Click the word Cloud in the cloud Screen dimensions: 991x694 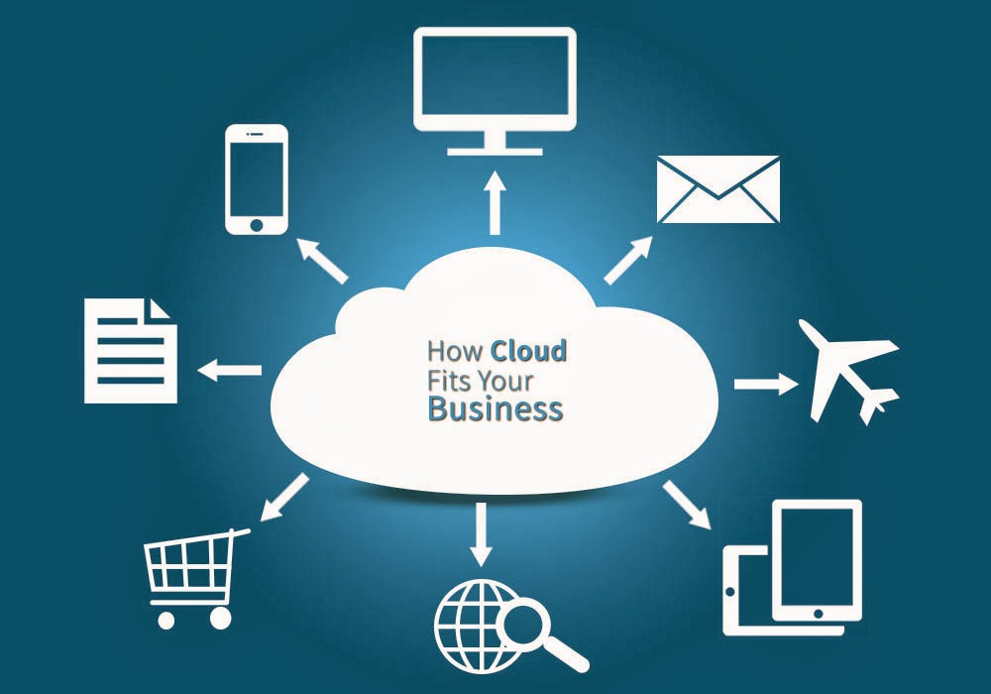(530, 351)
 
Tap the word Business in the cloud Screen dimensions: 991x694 (495, 408)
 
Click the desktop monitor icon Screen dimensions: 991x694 (495, 80)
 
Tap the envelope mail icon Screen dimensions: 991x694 (718, 189)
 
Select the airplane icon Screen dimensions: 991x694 (851, 369)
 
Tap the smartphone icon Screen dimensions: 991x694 (257, 178)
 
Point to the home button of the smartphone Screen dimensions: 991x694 (257, 224)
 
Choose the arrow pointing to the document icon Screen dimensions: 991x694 (230, 371)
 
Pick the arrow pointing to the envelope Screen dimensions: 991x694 (628, 261)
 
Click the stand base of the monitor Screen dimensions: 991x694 (495, 151)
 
